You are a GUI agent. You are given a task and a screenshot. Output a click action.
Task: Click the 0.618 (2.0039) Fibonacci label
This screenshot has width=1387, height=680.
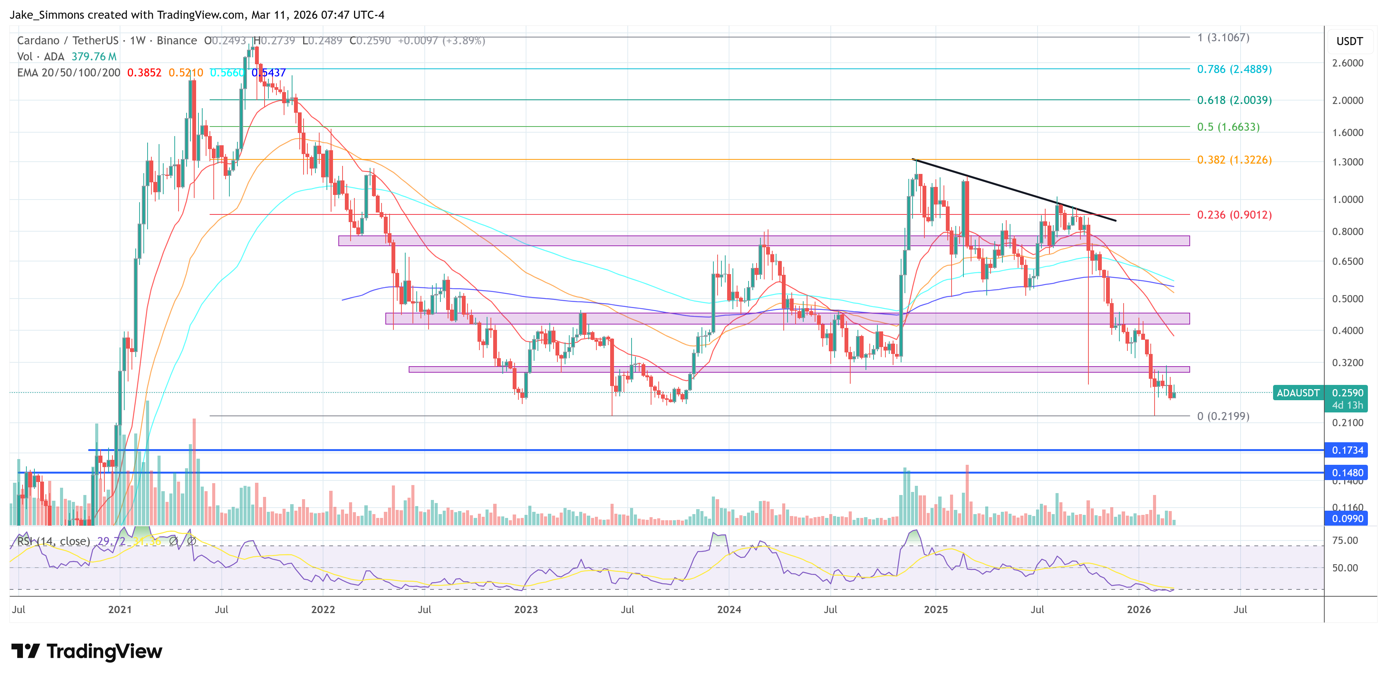[x=1234, y=100]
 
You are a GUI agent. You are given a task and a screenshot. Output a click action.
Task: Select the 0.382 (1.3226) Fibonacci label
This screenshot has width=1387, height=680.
[x=1234, y=160]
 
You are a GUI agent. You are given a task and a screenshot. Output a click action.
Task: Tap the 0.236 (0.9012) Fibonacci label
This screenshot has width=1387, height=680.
[x=1234, y=215]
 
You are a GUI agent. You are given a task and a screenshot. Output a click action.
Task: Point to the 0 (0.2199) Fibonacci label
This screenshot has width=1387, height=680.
[x=1223, y=416]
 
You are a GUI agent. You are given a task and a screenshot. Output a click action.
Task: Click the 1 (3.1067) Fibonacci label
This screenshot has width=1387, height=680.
[x=1223, y=38]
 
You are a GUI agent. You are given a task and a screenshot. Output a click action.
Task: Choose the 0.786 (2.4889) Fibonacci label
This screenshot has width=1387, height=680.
[x=1234, y=70]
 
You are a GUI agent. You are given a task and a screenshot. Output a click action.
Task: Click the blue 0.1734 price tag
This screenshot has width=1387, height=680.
[x=1347, y=450]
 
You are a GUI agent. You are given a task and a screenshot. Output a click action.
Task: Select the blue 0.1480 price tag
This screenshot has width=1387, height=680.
[x=1347, y=473]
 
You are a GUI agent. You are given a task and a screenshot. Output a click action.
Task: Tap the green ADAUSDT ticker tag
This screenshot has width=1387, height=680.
[x=1298, y=393]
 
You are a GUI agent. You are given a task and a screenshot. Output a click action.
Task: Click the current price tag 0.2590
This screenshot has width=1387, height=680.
[x=1347, y=393]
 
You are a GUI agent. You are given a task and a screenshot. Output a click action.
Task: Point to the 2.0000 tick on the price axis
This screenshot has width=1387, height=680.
[x=1347, y=101]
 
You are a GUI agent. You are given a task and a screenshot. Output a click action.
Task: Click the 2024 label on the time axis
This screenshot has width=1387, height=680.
[x=729, y=609]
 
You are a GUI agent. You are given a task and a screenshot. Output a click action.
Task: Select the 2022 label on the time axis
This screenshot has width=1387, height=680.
[x=323, y=609]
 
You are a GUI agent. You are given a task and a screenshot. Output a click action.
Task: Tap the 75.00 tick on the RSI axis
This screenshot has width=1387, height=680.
[x=1345, y=540]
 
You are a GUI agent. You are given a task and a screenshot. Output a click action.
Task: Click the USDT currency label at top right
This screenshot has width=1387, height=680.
[x=1349, y=41]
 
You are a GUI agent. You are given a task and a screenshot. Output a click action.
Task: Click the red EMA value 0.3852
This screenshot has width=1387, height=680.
[x=144, y=73]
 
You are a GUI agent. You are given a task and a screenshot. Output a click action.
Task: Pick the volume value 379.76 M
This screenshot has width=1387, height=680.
[x=94, y=57]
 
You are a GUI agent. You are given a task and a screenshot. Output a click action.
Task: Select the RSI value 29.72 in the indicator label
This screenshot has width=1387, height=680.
[x=110, y=541]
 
